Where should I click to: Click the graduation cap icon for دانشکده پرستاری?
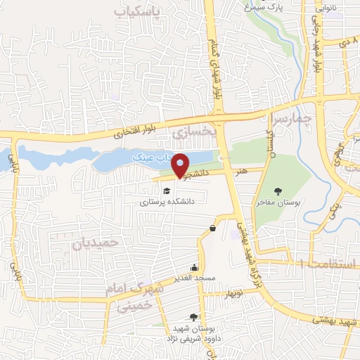click(167, 191)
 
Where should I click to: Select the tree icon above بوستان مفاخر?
click(279, 191)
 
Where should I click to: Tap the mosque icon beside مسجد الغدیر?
click(194, 268)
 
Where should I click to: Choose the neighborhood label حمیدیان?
click(91, 243)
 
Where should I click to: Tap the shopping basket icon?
click(212, 228)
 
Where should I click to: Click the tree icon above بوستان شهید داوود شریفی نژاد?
click(203, 317)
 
